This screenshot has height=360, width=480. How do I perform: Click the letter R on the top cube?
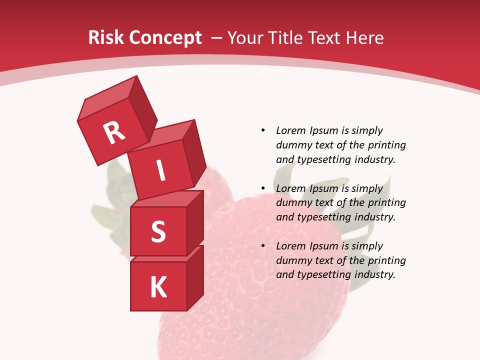[114, 132]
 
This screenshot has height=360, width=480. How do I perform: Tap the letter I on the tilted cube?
[160, 171]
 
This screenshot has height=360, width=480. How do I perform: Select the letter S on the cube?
[158, 231]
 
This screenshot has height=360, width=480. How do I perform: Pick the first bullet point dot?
[263, 130]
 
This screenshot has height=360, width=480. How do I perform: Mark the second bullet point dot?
[263, 188]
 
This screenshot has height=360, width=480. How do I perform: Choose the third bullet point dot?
[263, 246]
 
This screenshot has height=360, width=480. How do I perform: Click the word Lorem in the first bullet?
[290, 130]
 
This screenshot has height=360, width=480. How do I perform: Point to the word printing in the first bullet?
[386, 145]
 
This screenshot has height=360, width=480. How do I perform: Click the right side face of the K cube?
[195, 278]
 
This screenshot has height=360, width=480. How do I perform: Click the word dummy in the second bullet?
[293, 203]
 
